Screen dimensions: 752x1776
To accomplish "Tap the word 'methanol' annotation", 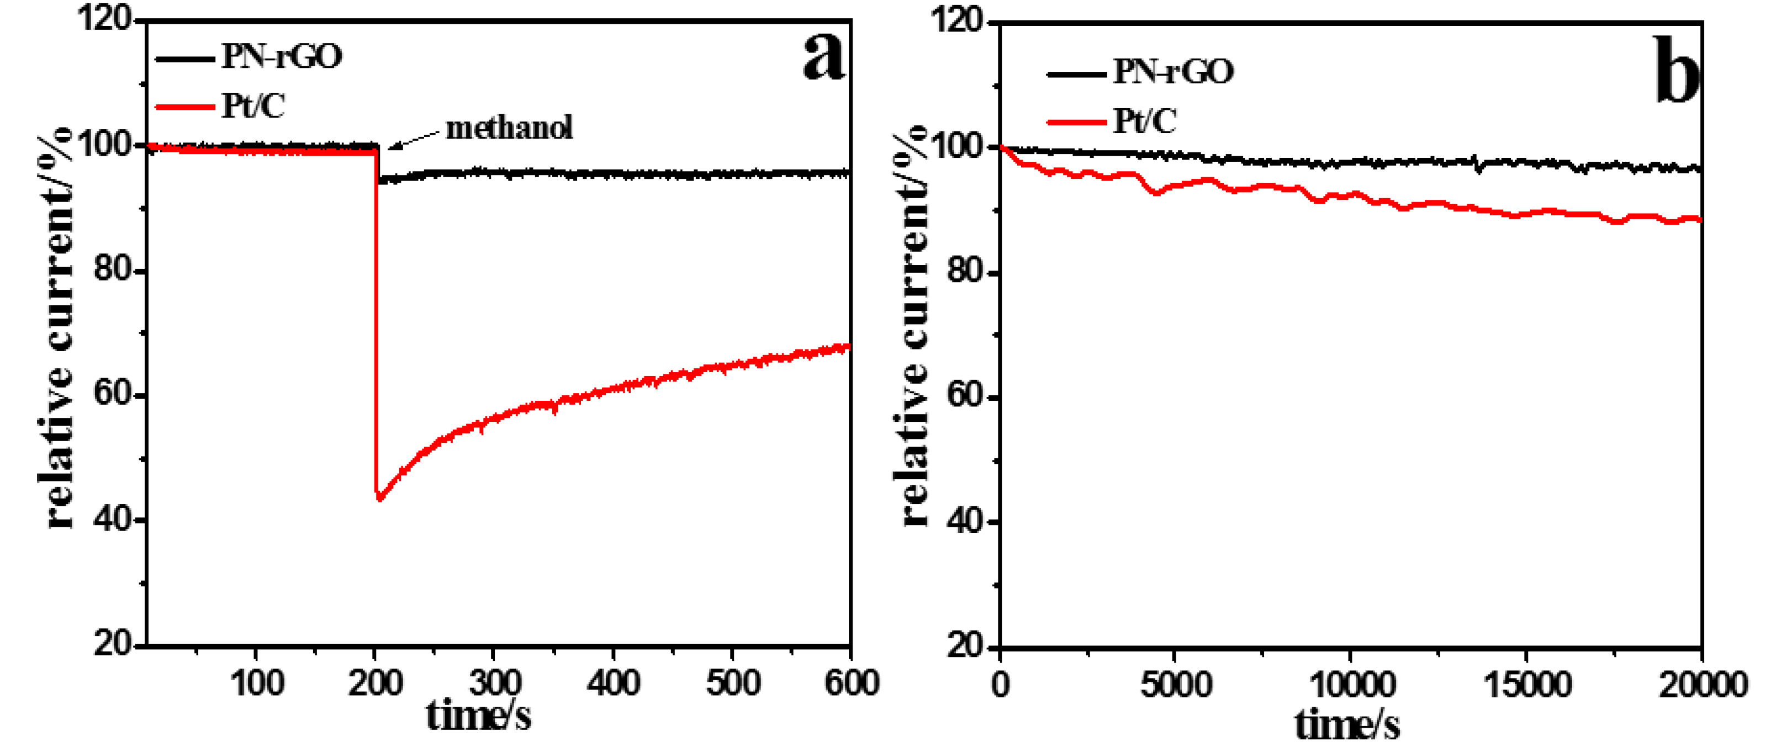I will point(509,128).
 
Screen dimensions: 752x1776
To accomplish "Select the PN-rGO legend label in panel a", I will point(281,56).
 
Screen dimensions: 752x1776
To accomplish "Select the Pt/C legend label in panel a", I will point(252,106).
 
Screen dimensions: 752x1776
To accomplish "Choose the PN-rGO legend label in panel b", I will point(1173,72).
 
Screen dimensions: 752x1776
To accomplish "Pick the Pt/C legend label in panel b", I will point(1144,121).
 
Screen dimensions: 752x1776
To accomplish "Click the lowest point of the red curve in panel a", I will point(379,497).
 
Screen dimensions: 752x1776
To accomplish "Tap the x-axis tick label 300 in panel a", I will point(494,684).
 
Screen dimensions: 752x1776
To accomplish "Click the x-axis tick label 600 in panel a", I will point(852,684).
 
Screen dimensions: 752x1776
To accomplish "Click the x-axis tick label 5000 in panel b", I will point(1176,685).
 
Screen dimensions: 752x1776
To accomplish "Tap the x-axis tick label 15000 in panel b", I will point(1526,685).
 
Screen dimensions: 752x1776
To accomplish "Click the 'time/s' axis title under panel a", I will point(478,716).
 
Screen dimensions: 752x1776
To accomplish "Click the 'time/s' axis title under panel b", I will point(1346,725).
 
